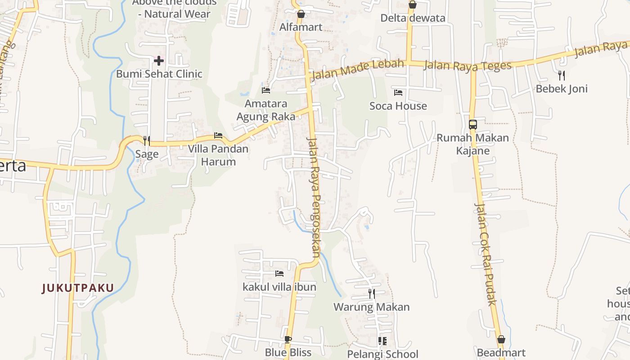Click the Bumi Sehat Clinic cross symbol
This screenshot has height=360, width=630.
pos(158,60)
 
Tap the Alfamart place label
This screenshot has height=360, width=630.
pos(301,27)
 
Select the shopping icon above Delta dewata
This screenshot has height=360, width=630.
pos(412,5)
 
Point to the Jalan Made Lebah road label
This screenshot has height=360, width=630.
pos(357,69)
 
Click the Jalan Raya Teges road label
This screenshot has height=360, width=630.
pos(468,65)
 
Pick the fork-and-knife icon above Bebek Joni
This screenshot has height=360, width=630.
pos(561,75)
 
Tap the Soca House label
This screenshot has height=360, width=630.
pos(398,106)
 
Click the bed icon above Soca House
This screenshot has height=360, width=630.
pos(398,93)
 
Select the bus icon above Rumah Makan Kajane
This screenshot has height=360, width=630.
pos(472,124)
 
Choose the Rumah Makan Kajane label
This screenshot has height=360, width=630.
pos(472,144)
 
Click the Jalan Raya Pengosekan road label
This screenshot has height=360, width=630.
pos(314,197)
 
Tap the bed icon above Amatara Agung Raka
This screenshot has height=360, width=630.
pos(265,90)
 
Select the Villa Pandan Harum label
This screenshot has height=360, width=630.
pos(218,155)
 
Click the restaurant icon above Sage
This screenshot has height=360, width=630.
pos(146,141)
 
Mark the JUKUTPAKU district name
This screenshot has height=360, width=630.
pos(78,288)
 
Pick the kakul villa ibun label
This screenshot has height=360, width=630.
pos(279,287)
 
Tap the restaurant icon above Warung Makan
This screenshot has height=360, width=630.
pos(371,294)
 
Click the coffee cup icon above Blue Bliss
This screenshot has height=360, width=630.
pos(288,339)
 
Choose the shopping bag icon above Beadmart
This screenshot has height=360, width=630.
pos(501,339)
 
